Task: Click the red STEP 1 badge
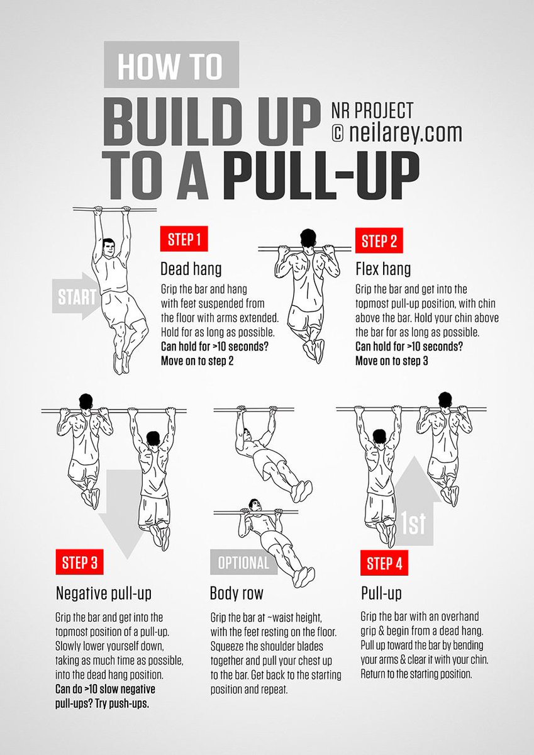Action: [x=184, y=240]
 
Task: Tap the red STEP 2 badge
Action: [x=379, y=241]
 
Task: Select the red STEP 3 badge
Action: [x=79, y=563]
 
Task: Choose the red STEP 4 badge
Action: [x=383, y=563]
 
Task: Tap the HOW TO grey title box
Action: [x=170, y=65]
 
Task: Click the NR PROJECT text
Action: [x=372, y=111]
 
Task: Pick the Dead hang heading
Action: [x=191, y=269]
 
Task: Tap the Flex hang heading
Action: [x=382, y=269]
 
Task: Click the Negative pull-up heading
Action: [x=104, y=593]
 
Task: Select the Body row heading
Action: [x=236, y=593]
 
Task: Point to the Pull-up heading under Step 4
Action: [x=381, y=593]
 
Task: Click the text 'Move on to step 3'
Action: [x=391, y=361]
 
